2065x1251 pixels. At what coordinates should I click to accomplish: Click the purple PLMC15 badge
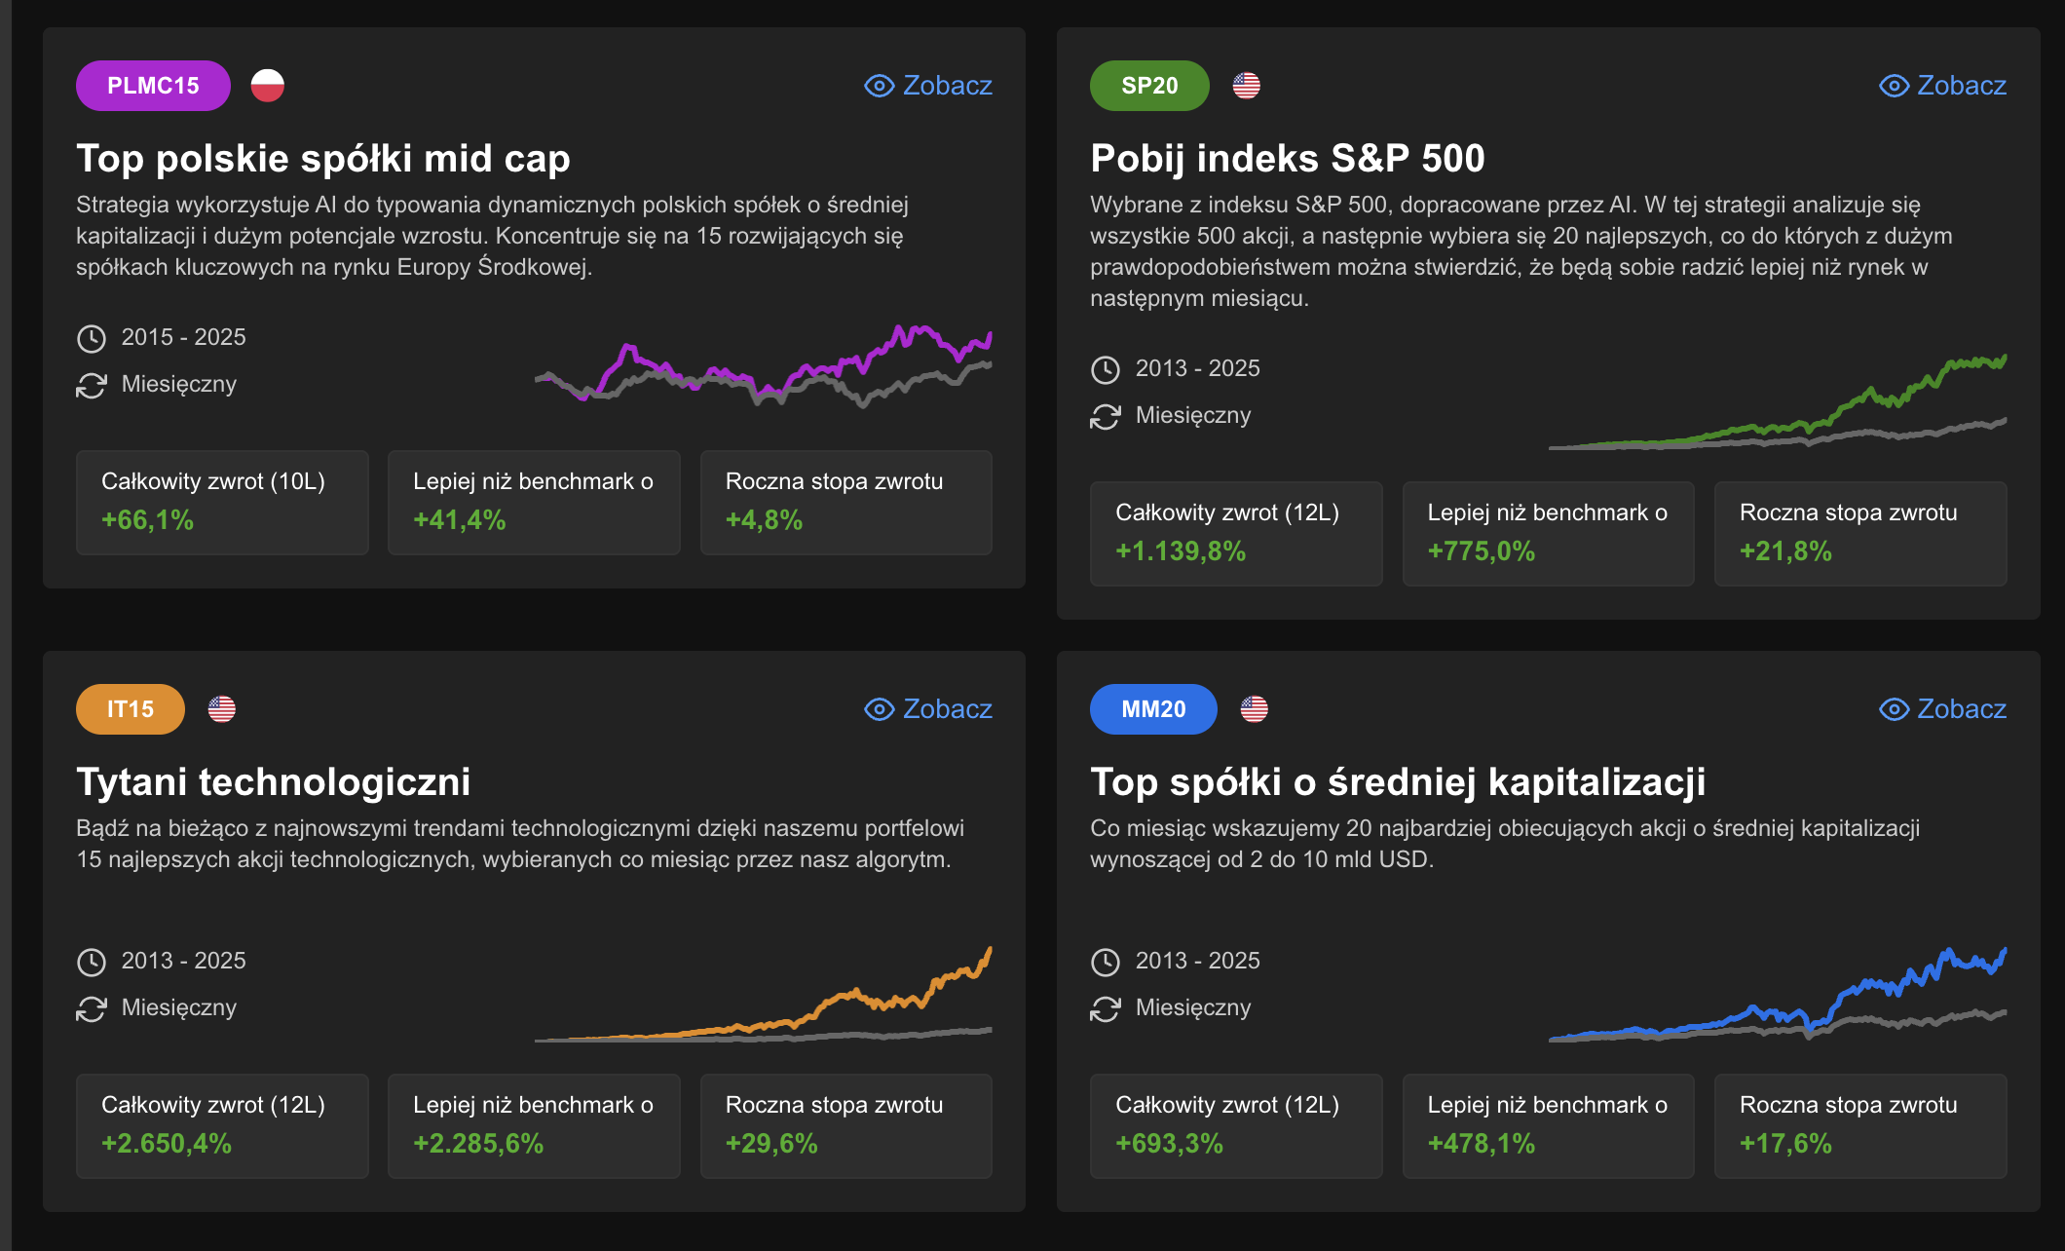[153, 86]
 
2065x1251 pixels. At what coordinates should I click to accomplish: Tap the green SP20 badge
[1149, 86]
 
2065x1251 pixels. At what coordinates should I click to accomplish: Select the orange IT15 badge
[131, 709]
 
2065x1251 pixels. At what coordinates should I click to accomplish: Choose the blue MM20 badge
[1153, 709]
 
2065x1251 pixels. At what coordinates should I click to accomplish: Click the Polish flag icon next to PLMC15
[268, 86]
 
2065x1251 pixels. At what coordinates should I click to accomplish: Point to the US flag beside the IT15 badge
[222, 709]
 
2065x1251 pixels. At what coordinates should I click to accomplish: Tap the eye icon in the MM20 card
[1894, 709]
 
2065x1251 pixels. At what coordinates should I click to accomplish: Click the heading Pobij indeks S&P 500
[1287, 159]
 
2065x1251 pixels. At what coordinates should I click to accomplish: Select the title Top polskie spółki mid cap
[323, 159]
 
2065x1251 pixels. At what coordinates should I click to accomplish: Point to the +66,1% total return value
[148, 520]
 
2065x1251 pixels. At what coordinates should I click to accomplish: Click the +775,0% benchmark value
[1481, 551]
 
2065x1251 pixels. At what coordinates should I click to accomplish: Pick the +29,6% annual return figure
[771, 1144]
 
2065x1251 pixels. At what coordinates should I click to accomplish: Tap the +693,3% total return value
[1169, 1144]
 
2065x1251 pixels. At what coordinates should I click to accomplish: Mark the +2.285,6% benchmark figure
[478, 1144]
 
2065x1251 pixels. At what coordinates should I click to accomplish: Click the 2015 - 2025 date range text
[183, 337]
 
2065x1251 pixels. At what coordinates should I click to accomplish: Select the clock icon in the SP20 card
[1106, 369]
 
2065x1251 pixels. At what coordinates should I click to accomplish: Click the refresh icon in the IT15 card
[92, 1008]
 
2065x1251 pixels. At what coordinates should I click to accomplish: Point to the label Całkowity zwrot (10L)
[213, 481]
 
